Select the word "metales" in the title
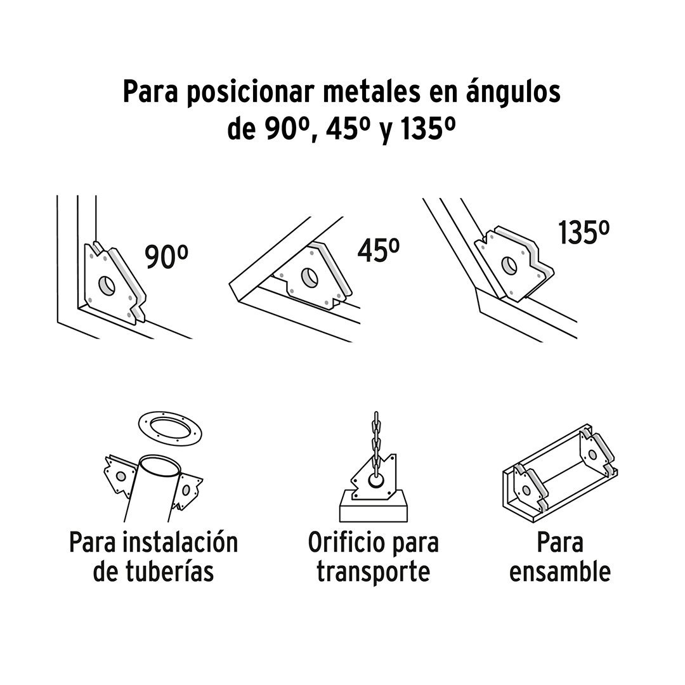coord(369,92)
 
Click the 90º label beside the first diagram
coord(166,257)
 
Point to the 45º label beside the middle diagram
coord(378,251)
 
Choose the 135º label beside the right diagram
coord(584,233)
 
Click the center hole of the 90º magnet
coord(107,285)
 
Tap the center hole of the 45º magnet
coord(310,278)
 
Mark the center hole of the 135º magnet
coord(509,266)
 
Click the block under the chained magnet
coord(374,507)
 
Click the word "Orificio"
coord(341,542)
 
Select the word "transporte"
coord(374,571)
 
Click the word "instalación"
coord(180,542)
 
